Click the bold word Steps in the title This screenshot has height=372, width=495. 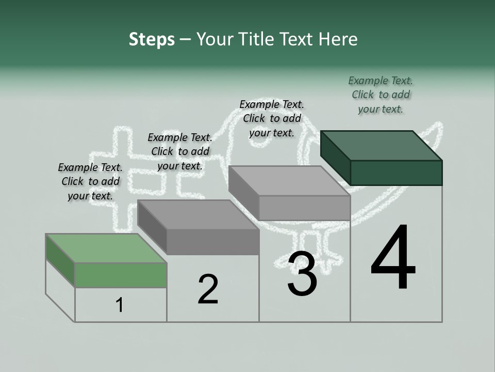click(152, 40)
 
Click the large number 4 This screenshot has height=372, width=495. click(393, 258)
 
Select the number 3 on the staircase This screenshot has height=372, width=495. click(302, 274)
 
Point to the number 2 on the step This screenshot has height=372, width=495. click(208, 289)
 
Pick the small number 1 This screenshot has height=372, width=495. click(119, 305)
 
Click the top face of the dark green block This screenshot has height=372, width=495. click(382, 146)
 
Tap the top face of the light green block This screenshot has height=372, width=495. click(106, 248)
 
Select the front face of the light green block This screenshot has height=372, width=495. click(121, 275)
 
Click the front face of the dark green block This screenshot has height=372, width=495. click(396, 173)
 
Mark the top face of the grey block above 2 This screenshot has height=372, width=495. click(198, 215)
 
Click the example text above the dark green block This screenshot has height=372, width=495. click(381, 95)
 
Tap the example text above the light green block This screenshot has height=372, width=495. click(90, 181)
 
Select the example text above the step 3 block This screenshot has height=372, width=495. click(272, 119)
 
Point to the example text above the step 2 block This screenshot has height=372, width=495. click(180, 151)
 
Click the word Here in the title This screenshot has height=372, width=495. click(337, 40)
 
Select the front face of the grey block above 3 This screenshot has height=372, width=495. click(304, 208)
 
